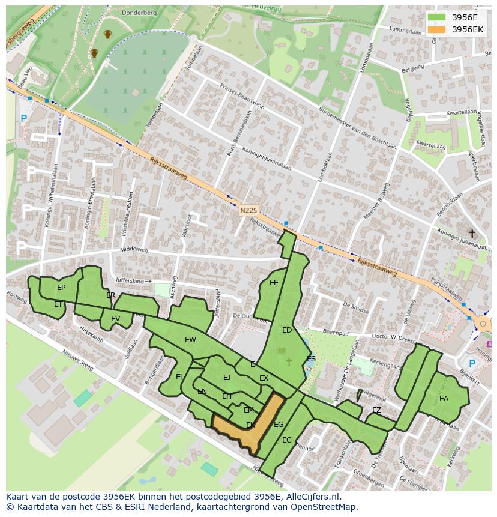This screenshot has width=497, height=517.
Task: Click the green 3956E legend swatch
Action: (x=436, y=17)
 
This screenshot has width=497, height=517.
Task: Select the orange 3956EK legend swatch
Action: (x=436, y=29)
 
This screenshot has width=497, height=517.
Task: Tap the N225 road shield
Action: (x=248, y=210)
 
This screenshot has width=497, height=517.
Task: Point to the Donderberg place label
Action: (x=139, y=12)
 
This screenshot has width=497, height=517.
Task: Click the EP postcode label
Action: (x=61, y=288)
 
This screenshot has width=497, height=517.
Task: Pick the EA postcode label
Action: (x=444, y=398)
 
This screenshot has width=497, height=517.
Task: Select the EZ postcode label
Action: (x=376, y=410)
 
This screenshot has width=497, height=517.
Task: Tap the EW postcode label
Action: (x=190, y=340)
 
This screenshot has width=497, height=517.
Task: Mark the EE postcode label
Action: (x=274, y=283)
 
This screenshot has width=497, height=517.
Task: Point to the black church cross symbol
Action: (x=472, y=233)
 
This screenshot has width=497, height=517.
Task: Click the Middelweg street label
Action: (x=134, y=249)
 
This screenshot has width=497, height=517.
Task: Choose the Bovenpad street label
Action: (x=336, y=331)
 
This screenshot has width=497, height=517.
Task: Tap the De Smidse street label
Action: (x=356, y=307)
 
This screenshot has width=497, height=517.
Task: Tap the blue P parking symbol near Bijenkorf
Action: (x=472, y=364)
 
